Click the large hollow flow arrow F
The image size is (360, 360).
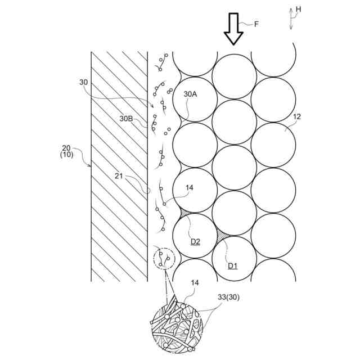click(x=233, y=30)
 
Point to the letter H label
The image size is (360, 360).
click(x=298, y=8)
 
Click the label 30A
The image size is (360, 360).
click(x=191, y=94)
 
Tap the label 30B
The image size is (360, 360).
click(x=126, y=119)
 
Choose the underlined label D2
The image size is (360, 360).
click(x=195, y=242)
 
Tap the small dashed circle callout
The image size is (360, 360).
click(x=164, y=259)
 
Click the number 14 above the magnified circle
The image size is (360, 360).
click(x=194, y=283)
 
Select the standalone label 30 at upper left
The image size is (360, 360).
click(x=84, y=82)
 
